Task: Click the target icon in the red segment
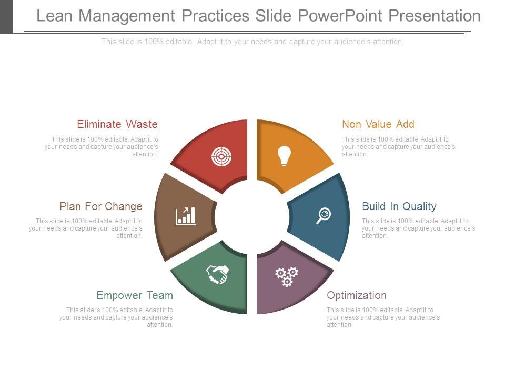(221, 156)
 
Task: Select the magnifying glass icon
(324, 215)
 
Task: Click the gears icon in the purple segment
(287, 276)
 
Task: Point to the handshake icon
(217, 274)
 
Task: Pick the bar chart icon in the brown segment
(186, 216)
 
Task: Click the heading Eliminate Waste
(117, 124)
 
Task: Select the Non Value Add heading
(378, 124)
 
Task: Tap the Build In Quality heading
(399, 206)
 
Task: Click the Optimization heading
(357, 295)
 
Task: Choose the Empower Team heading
(135, 295)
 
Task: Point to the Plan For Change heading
(101, 206)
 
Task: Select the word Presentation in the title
(435, 16)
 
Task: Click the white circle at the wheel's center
(252, 216)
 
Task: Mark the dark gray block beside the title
(6, 16)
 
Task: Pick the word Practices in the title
(216, 16)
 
